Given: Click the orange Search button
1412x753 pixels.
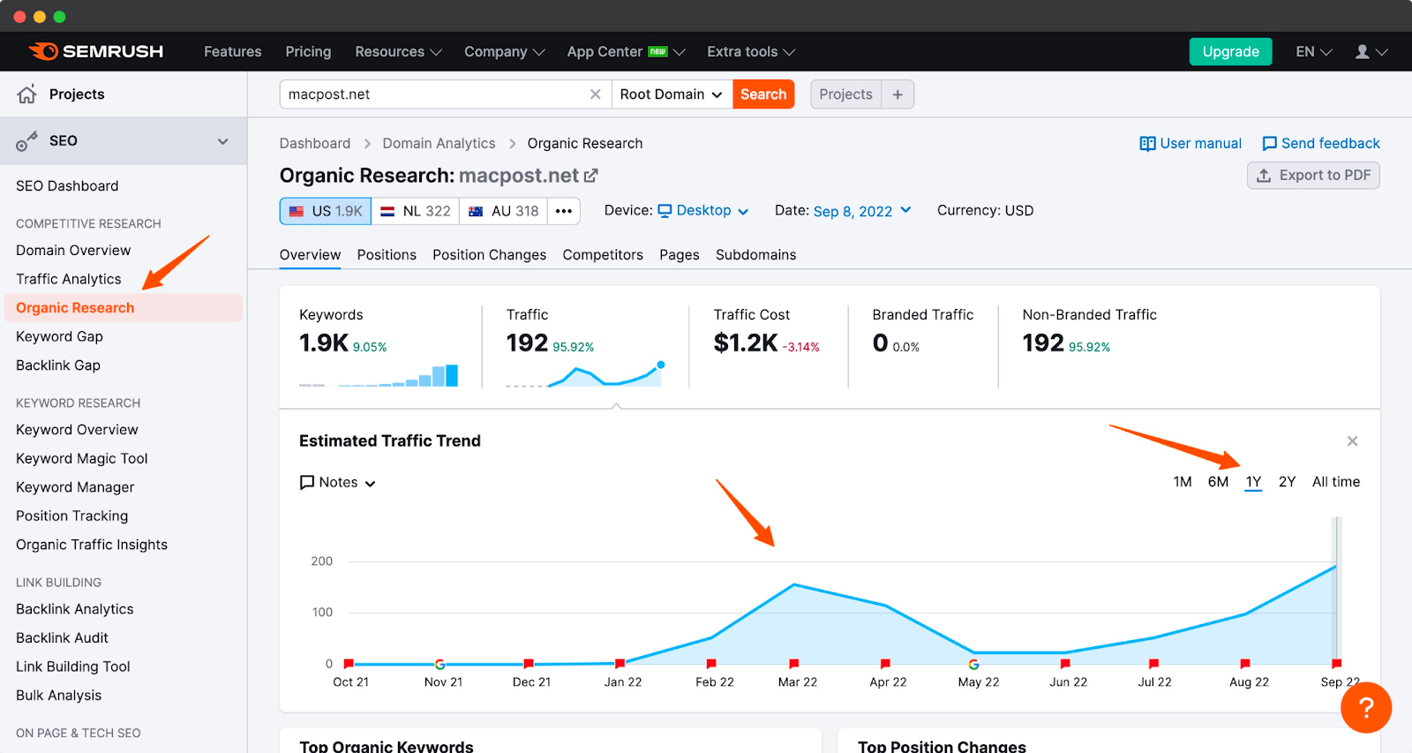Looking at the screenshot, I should pyautogui.click(x=763, y=94).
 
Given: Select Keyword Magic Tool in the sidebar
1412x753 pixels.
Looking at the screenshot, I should pyautogui.click(x=82, y=458).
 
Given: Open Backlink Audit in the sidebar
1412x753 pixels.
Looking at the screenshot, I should pyautogui.click(x=62, y=637).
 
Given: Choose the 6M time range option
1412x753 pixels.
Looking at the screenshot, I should pyautogui.click(x=1218, y=482).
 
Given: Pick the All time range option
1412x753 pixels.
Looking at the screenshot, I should pyautogui.click(x=1335, y=482).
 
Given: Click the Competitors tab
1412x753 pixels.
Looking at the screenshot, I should pyautogui.click(x=603, y=255).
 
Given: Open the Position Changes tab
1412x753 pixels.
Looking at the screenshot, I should pyautogui.click(x=489, y=255).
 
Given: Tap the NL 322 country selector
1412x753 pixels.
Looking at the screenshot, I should pyautogui.click(x=416, y=211).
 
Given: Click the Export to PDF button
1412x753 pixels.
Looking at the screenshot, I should pyautogui.click(x=1313, y=176).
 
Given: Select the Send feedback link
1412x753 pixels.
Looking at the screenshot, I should pyautogui.click(x=1321, y=143).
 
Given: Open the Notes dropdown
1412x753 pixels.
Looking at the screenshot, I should pyautogui.click(x=338, y=483).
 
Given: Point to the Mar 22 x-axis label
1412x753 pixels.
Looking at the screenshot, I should pyautogui.click(x=797, y=682).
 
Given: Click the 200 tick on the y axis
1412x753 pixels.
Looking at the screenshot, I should pyautogui.click(x=322, y=561).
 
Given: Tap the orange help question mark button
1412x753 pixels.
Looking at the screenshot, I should pyautogui.click(x=1365, y=707).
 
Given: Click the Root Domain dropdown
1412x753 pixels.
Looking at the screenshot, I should pyautogui.click(x=671, y=94).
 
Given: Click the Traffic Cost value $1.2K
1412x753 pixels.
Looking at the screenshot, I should pyautogui.click(x=746, y=343).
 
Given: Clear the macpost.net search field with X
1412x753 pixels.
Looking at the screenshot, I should pyautogui.click(x=596, y=94).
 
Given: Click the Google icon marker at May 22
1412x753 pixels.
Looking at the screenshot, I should pyautogui.click(x=973, y=664).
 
